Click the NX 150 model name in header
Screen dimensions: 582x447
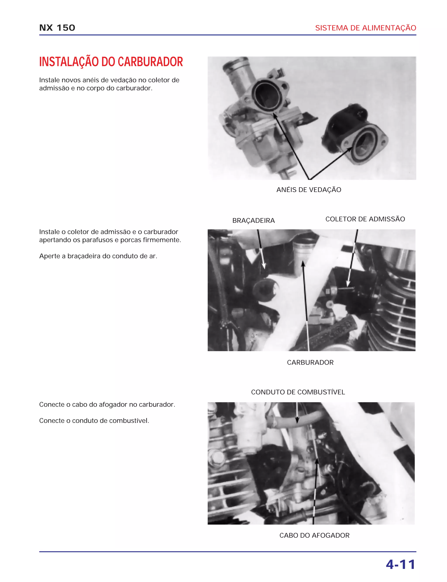tap(57, 28)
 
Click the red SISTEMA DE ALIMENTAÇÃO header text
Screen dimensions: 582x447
tap(365, 28)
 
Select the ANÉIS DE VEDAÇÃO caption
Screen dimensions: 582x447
tap(309, 190)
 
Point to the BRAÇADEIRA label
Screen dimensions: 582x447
tap(253, 220)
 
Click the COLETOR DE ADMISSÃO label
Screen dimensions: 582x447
tap(365, 219)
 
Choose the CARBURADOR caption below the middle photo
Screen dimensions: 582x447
tap(310, 362)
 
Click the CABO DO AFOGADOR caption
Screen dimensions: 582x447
tap(314, 535)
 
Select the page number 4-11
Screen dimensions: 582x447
tap(401, 565)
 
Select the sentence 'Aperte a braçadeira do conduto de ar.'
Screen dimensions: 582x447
tap(98, 256)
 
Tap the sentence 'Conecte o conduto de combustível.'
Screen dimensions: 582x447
tap(94, 421)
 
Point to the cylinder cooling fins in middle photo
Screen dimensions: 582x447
tap(396, 306)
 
